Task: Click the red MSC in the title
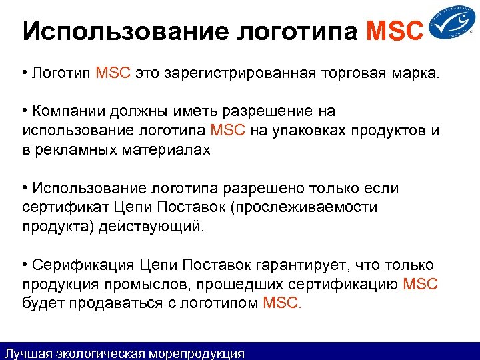click(395, 31)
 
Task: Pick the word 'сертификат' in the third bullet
click(59, 207)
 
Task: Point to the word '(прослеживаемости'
click(304, 207)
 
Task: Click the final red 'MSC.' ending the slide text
click(283, 304)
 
